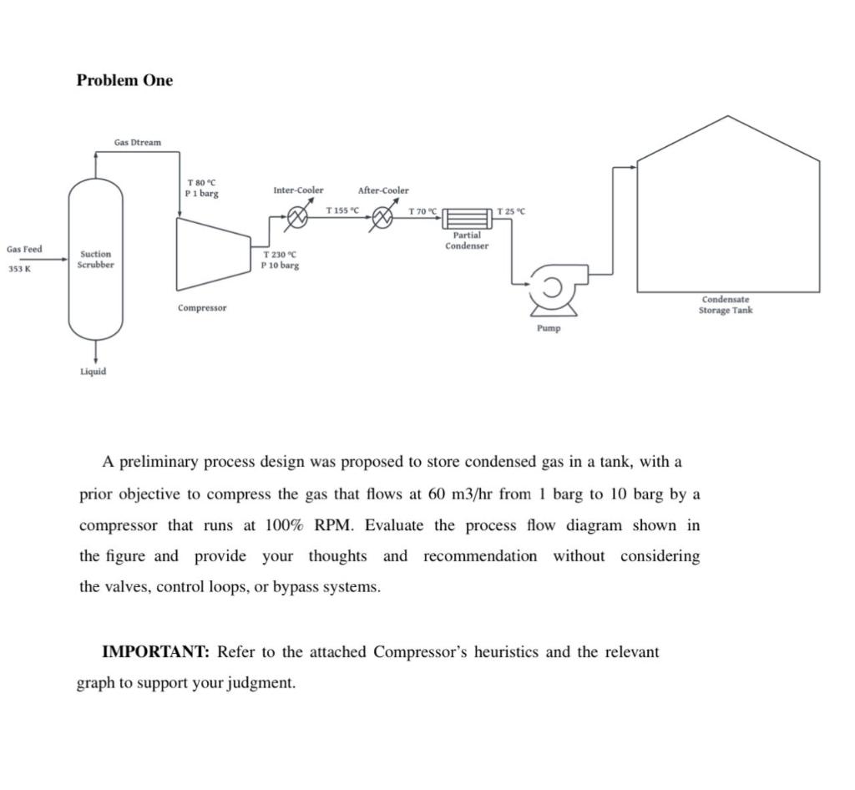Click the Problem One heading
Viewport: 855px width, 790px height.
click(x=124, y=80)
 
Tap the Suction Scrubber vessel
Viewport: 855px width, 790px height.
click(x=95, y=259)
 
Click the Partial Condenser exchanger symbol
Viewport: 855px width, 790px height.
click(x=467, y=219)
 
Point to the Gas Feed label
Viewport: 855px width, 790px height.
click(x=24, y=249)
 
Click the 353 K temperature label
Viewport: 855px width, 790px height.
click(x=19, y=269)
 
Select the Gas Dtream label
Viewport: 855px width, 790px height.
click(x=138, y=143)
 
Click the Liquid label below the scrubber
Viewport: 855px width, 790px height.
click(x=94, y=372)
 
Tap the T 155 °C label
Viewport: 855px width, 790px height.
click(x=342, y=210)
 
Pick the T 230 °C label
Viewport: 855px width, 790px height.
click(x=280, y=255)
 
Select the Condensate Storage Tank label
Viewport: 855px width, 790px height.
click(x=726, y=305)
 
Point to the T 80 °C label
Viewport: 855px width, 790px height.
click(x=201, y=183)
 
